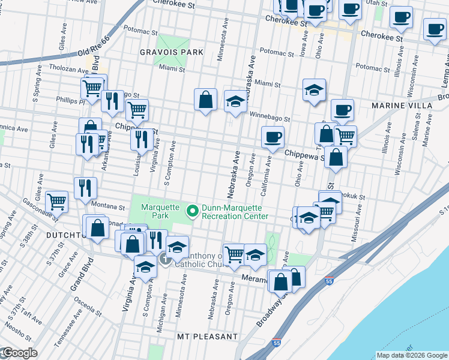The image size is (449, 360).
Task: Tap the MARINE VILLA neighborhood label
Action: point(402,106)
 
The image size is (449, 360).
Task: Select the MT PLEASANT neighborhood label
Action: point(207,337)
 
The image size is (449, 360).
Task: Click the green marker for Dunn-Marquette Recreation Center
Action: point(192,211)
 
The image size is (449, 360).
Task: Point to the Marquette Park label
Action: point(160,211)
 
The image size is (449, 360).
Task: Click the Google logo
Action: point(19,353)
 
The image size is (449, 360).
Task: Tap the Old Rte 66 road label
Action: point(94,47)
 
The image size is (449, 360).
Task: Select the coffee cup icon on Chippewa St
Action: point(273,137)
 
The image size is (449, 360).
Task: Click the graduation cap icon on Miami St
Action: point(313,91)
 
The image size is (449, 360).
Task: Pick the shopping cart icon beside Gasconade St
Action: point(57,202)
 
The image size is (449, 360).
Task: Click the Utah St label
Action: point(376,4)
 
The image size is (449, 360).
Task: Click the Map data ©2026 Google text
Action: point(411,355)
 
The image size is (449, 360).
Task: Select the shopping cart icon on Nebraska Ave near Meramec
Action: point(234,253)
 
